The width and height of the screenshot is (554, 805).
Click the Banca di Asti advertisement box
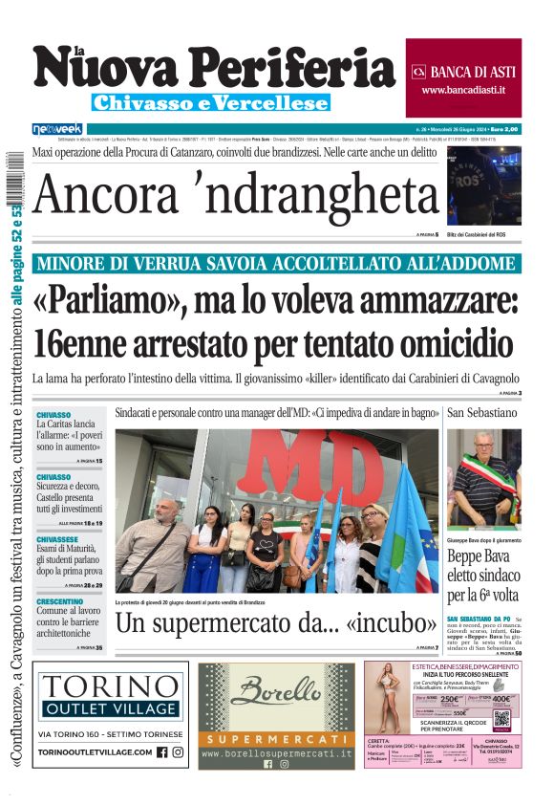tap(463, 65)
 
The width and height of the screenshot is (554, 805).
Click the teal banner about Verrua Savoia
tap(277, 264)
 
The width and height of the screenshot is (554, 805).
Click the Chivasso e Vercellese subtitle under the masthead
tap(211, 102)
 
